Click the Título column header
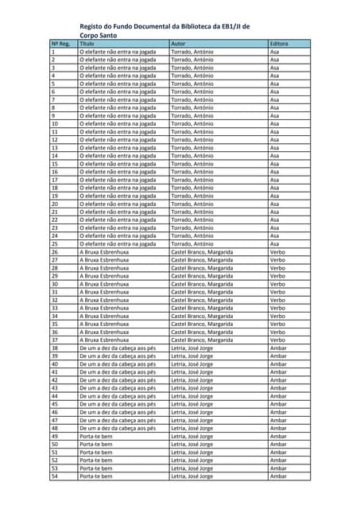87,43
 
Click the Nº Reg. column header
61,43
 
